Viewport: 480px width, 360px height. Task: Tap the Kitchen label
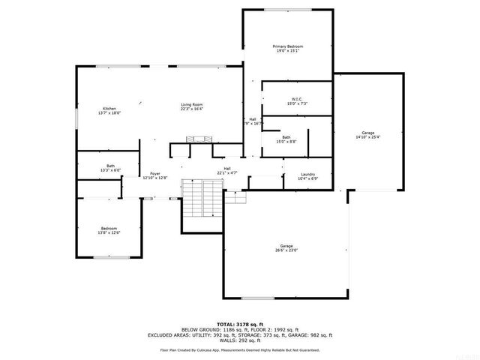coord(109,109)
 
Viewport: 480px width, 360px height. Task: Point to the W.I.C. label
coord(297,99)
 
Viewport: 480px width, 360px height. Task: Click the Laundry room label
coord(308,174)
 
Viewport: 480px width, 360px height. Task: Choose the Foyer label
coord(155,173)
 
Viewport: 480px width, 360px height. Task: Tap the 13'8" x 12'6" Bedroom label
coord(109,229)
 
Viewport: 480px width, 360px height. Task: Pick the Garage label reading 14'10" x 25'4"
coord(367,133)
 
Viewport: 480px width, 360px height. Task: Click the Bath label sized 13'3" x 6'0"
coord(110,166)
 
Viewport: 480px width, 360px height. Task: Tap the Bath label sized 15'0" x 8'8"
coord(286,137)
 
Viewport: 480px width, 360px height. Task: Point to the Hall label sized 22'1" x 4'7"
coord(227,169)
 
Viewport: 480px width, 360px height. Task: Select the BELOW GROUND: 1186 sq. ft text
coord(211,330)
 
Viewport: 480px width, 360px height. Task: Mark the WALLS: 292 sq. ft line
coord(240,340)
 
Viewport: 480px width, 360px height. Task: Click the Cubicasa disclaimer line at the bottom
coord(240,349)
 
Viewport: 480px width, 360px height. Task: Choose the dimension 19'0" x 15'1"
coord(289,51)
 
